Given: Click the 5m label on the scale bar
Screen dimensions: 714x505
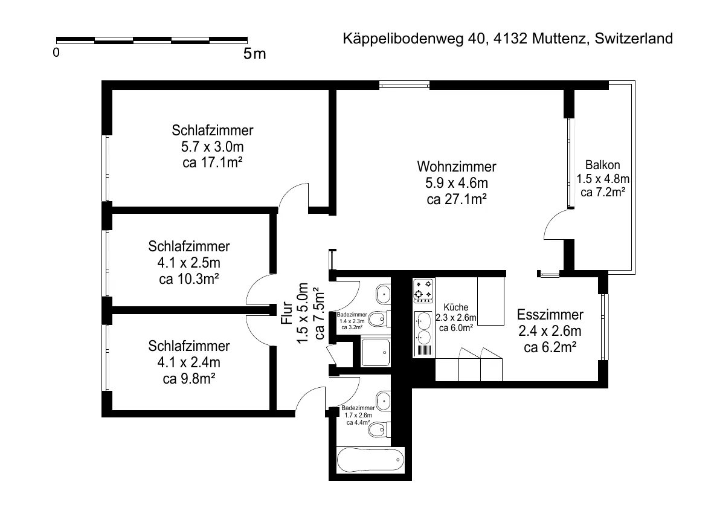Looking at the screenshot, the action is [254, 54].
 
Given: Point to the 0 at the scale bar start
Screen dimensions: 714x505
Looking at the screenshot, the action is [56, 53].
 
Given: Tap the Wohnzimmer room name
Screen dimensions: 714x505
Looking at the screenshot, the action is [457, 166].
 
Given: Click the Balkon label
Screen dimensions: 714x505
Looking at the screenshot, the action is [602, 165].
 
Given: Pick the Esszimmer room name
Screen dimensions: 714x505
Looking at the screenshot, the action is [550, 314].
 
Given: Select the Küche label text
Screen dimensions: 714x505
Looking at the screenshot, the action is [456, 307].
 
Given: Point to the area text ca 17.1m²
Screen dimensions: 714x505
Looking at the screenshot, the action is [212, 162].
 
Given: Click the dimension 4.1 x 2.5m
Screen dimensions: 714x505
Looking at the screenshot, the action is [189, 263].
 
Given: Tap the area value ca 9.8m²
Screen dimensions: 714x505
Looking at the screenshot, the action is [189, 378].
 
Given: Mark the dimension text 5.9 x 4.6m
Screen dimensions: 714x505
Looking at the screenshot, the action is [457, 183].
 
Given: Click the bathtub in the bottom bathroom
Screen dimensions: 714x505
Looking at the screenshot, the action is [370, 460].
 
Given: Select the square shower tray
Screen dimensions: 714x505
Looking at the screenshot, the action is [376, 352].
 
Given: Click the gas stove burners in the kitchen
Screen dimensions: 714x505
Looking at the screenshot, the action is [423, 291].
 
